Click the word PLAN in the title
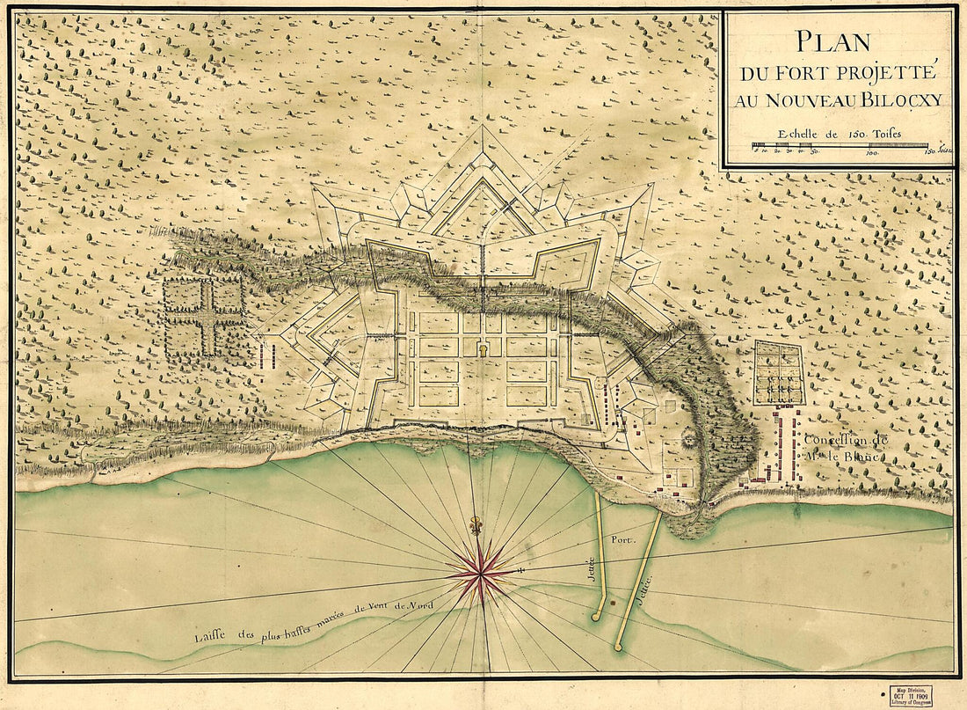[832, 41]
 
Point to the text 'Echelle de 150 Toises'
[839, 135]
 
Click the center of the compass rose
[480, 573]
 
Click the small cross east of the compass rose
[522, 572]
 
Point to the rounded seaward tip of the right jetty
[619, 648]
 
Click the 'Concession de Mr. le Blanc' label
[845, 446]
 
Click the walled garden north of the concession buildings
[778, 372]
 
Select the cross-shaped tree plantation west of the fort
[203, 316]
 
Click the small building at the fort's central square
[482, 349]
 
